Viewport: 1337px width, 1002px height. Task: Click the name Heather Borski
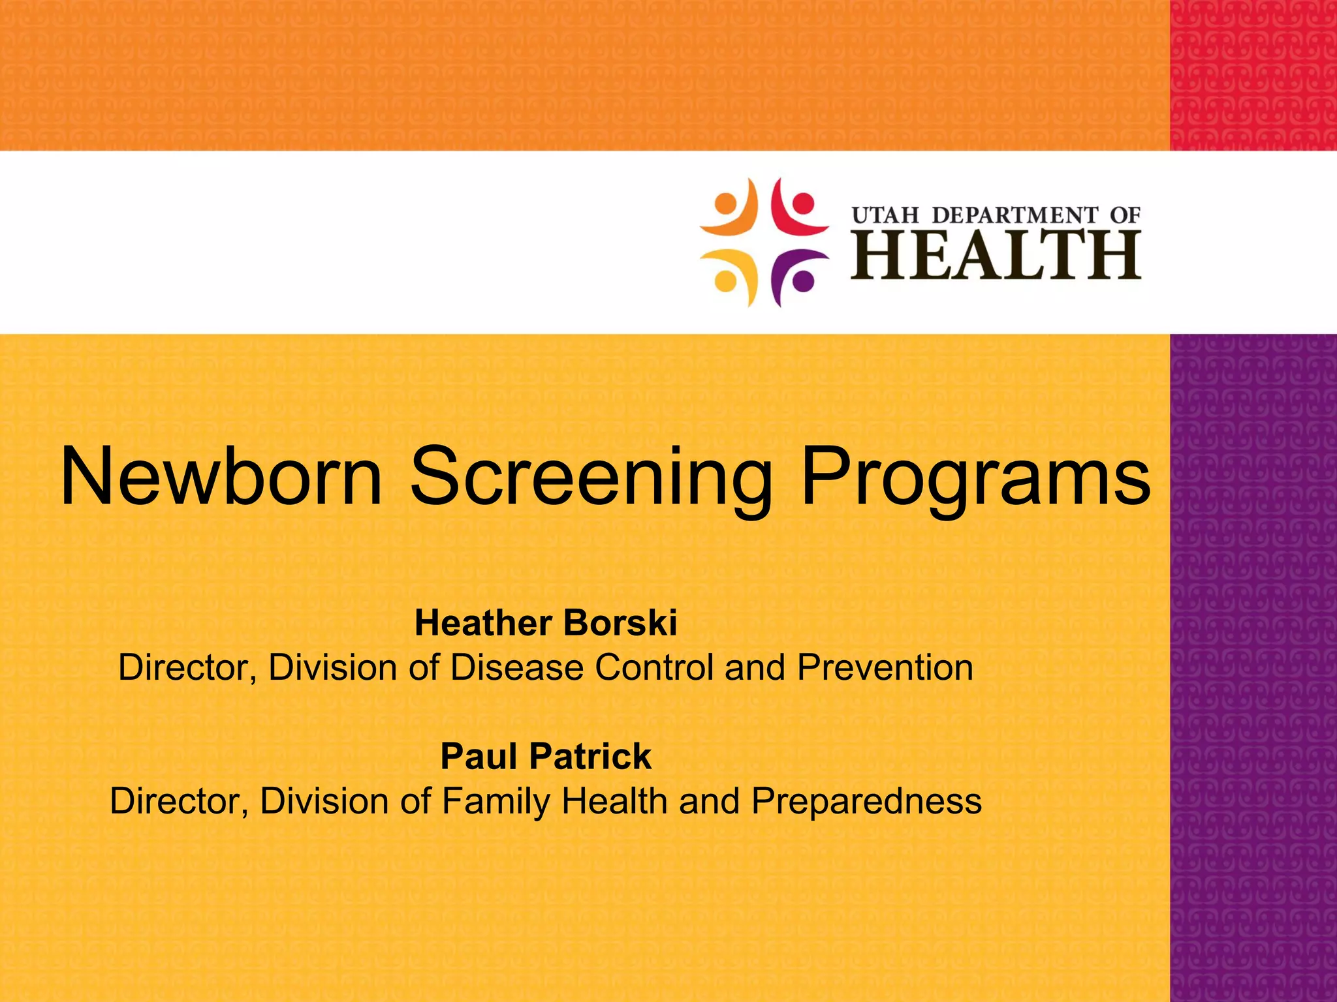coord(546,623)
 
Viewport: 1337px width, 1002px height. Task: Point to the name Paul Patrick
coord(546,756)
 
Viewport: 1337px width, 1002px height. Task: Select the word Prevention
coord(885,667)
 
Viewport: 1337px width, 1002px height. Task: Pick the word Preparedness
coord(866,801)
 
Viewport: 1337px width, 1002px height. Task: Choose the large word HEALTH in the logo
coord(996,256)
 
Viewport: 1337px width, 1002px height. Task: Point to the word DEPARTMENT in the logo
coord(1015,215)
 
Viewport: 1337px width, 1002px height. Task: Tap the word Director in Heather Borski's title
coord(187,667)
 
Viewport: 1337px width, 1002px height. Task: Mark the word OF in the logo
coord(1125,215)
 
